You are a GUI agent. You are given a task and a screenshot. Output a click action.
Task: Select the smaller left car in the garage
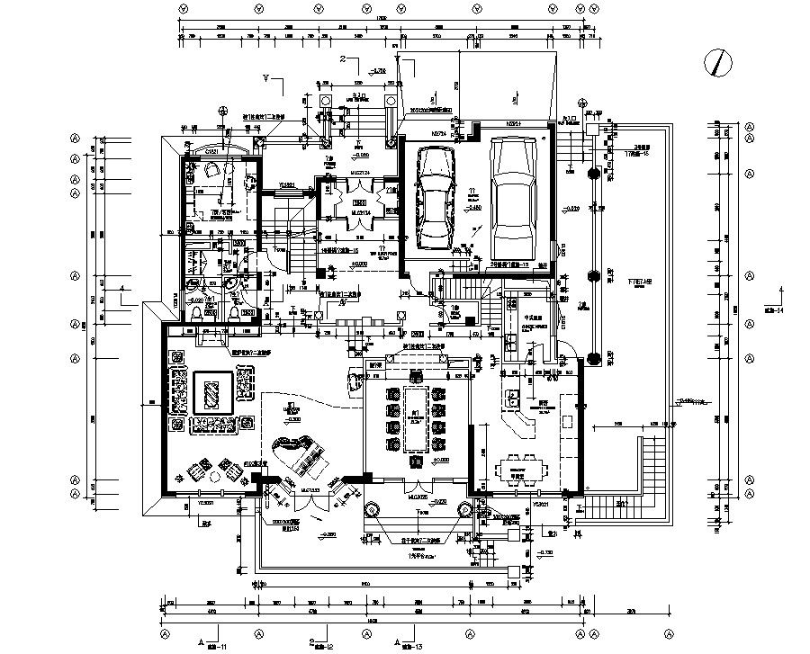tap(436, 200)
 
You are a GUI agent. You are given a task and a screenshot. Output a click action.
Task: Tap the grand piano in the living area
tap(297, 454)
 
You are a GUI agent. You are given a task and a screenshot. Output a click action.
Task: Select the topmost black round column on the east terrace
tap(593, 172)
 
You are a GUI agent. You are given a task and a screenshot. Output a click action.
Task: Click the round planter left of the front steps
tap(369, 509)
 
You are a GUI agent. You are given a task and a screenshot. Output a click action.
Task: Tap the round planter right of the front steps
tap(464, 509)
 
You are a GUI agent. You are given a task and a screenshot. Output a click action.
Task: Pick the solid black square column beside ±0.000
tap(320, 273)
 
